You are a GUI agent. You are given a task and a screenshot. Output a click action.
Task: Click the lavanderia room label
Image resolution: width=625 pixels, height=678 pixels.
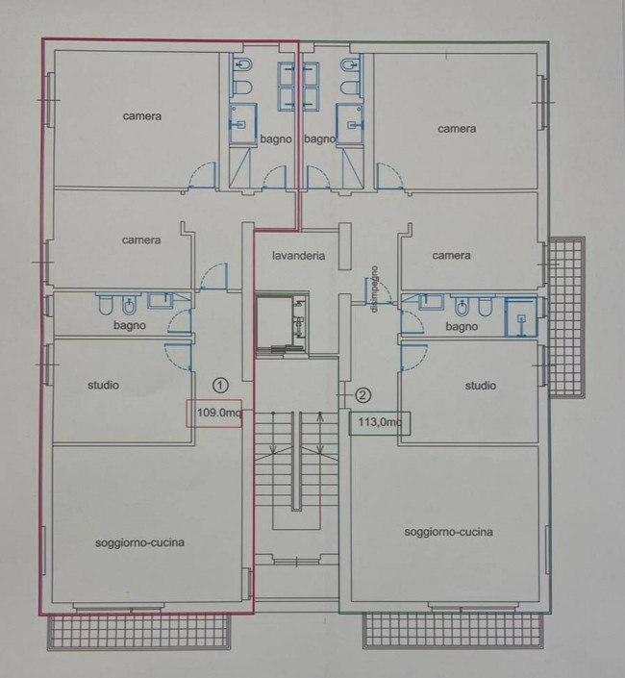click(x=298, y=256)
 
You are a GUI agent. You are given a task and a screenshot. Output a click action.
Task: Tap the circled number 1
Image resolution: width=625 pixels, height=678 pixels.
click(x=221, y=385)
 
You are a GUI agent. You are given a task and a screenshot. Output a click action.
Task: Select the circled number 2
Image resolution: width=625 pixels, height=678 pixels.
click(x=363, y=395)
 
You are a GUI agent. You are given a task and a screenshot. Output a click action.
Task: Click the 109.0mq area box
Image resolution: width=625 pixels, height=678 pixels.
click(x=214, y=413)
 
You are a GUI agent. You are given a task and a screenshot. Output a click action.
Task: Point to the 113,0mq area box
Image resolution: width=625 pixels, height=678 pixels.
click(x=380, y=421)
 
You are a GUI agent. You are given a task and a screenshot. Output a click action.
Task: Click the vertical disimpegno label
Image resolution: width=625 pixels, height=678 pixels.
click(x=374, y=289)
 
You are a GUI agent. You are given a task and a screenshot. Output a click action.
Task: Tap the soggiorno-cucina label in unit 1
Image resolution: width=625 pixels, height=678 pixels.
click(x=139, y=542)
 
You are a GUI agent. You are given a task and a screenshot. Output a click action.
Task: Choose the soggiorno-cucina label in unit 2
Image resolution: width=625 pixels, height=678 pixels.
click(x=448, y=532)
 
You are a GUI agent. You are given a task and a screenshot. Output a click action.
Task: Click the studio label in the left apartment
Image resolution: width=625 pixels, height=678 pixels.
click(x=103, y=385)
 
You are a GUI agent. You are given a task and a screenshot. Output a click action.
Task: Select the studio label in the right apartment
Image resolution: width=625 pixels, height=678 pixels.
click(x=480, y=386)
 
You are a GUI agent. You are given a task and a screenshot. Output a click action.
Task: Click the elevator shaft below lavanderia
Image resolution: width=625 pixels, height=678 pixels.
click(x=281, y=322)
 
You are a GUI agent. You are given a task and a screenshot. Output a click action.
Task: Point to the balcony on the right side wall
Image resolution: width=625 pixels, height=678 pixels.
click(x=566, y=316)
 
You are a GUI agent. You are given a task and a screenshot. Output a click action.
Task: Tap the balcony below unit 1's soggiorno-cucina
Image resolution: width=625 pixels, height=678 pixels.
click(x=138, y=631)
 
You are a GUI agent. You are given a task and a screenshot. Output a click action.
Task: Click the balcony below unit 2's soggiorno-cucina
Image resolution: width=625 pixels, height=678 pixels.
click(x=453, y=631)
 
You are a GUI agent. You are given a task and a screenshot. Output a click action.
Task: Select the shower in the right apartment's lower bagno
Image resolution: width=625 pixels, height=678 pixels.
click(x=520, y=317)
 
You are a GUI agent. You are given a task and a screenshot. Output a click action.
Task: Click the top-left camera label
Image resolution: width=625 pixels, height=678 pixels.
click(x=141, y=115)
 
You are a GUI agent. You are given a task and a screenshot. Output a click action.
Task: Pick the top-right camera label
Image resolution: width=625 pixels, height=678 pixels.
click(x=457, y=129)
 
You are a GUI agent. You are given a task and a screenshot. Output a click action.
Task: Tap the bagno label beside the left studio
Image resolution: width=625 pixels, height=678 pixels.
click(x=129, y=325)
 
